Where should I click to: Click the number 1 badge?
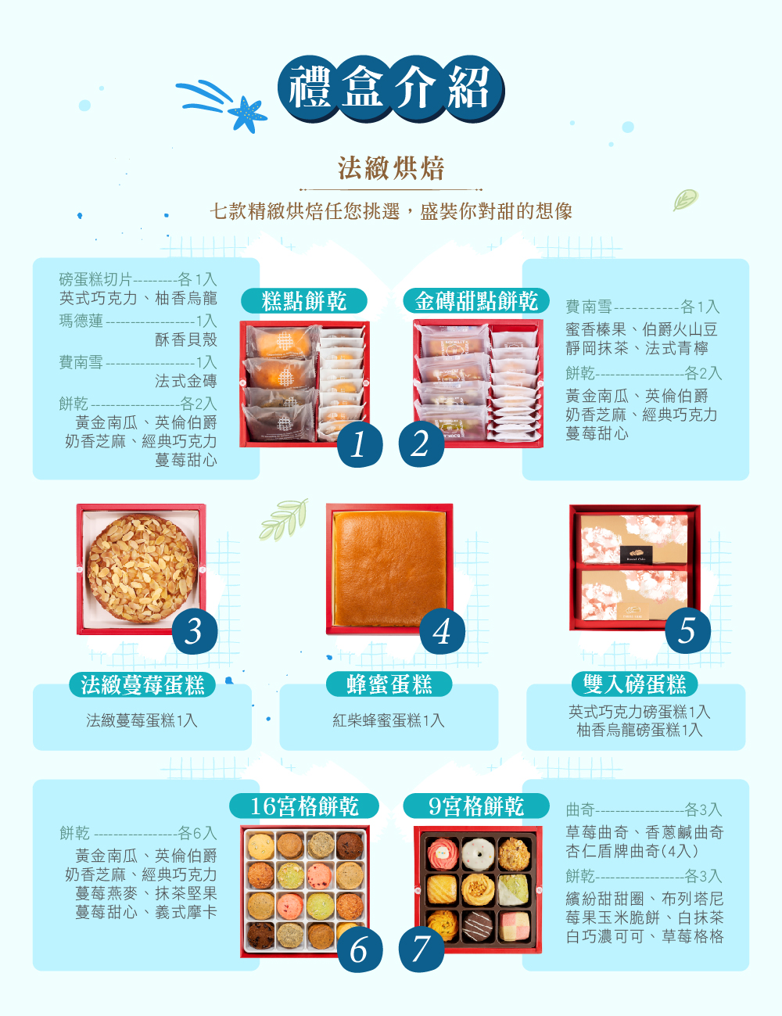click(x=359, y=444)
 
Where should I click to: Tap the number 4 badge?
click(x=442, y=631)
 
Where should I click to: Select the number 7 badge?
click(x=421, y=950)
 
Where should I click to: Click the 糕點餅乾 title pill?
click(x=304, y=300)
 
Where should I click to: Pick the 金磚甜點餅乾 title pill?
click(x=475, y=300)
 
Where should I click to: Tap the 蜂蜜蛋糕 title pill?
click(x=389, y=684)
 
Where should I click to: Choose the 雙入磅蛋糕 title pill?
click(x=635, y=684)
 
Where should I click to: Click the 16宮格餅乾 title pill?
click(x=304, y=806)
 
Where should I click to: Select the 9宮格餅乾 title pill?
click(x=475, y=806)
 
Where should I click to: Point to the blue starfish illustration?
click(x=247, y=114)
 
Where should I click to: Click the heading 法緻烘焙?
click(x=391, y=168)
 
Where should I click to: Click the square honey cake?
click(x=389, y=569)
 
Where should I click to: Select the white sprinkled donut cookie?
click(x=478, y=854)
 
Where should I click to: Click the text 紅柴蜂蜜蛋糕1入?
click(x=389, y=720)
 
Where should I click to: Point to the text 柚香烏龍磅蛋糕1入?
click(x=640, y=730)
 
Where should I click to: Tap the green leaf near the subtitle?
click(x=686, y=199)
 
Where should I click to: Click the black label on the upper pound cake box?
click(x=636, y=555)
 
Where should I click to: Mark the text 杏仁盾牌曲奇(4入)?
click(x=633, y=851)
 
